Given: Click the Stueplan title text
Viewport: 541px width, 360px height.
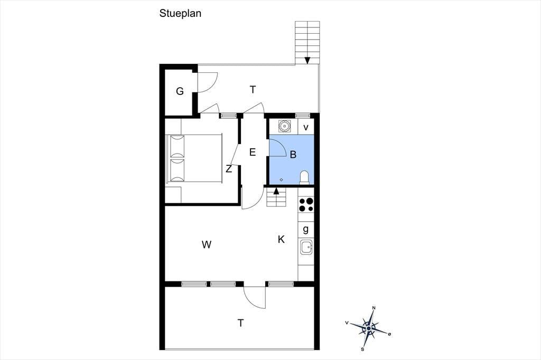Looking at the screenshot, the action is [180, 13].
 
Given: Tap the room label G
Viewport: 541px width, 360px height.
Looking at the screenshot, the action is [180, 91].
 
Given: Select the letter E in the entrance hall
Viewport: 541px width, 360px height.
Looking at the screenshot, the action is [253, 152].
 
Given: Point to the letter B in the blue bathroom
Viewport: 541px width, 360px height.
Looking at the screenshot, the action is [293, 155].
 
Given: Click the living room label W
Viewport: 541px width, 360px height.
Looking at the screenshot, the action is [207, 244].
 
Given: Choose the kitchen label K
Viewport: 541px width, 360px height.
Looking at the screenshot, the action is [281, 239].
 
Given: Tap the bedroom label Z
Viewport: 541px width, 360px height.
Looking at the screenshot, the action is [229, 169].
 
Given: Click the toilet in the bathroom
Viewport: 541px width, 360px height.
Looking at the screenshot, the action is [304, 177].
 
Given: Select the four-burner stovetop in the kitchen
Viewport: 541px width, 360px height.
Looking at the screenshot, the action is [306, 204].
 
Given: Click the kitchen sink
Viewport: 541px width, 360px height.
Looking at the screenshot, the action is [306, 247].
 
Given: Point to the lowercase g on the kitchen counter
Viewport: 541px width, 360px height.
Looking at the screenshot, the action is [306, 229].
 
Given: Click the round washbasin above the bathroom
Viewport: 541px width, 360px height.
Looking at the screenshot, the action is [284, 126].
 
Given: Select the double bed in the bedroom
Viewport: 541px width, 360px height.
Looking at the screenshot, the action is [194, 158].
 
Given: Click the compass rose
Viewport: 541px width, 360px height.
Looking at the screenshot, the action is [368, 328].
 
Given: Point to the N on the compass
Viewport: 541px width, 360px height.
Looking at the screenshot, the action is [374, 308].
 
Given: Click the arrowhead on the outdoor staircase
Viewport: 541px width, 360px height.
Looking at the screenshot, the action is [307, 60].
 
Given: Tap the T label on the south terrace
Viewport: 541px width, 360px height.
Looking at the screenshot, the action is [240, 323].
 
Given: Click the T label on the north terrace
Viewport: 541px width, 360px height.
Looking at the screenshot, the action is [253, 90].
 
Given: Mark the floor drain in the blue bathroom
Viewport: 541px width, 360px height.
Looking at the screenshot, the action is [281, 179].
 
